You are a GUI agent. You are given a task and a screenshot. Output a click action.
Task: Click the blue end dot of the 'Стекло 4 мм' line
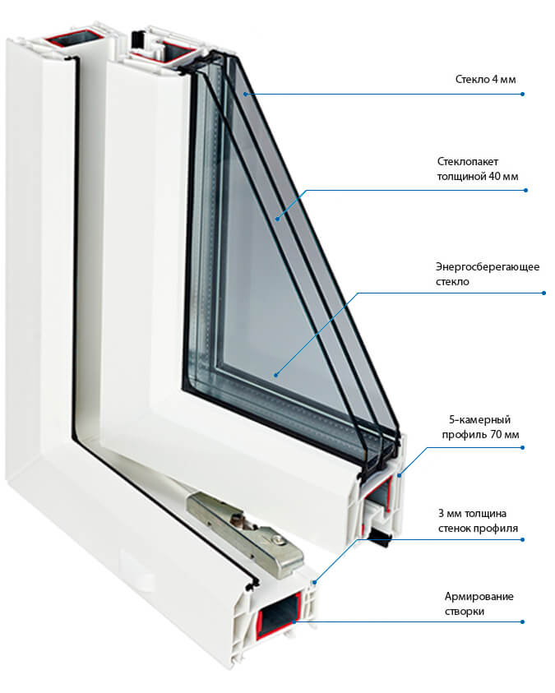tap(522, 95)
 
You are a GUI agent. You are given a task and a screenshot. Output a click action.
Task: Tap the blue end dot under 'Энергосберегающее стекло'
tap(543, 293)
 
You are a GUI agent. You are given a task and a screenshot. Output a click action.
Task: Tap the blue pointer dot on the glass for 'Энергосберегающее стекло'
tap(275, 375)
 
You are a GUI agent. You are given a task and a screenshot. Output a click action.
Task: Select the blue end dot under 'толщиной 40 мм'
tap(525, 191)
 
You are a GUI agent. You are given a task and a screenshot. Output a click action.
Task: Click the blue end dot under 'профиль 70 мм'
tap(524, 449)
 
